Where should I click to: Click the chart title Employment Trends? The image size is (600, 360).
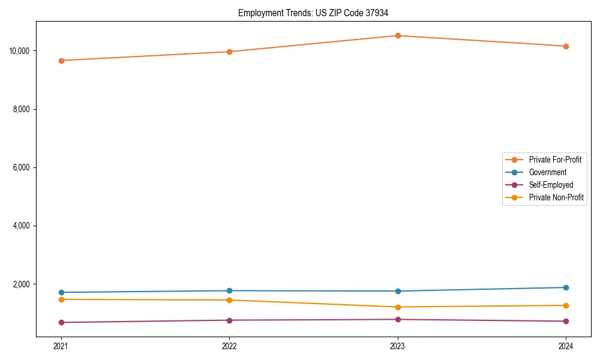313,13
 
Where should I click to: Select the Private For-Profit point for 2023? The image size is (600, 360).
398,35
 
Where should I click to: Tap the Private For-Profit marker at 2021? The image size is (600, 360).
61,61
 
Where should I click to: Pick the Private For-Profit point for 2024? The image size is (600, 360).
566,46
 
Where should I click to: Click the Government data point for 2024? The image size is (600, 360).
566,287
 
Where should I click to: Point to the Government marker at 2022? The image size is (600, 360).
229,291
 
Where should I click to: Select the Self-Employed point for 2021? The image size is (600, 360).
61,322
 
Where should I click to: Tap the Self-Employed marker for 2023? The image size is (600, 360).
398,319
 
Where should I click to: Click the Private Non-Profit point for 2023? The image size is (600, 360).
398,307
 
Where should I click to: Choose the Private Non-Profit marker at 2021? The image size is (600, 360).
61,299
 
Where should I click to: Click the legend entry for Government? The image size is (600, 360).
547,172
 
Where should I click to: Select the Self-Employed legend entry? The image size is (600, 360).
551,185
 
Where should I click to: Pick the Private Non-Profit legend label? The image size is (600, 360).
556,197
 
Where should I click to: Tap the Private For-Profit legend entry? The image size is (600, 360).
555,160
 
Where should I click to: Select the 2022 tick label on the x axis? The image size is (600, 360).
229,346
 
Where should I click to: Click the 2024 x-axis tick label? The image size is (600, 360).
566,346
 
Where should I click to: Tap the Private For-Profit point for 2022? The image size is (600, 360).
229,52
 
